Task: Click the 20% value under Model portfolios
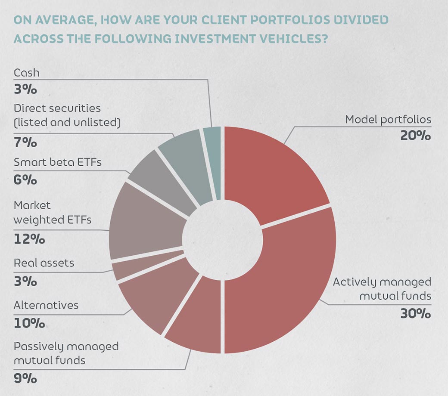pos(415,136)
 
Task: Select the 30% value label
pos(415,313)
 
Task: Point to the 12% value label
pos(29,239)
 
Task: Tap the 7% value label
pos(25,142)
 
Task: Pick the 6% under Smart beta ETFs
pos(25,180)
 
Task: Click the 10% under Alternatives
pos(29,323)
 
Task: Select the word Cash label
pos(26,73)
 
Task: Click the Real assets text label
pos(44,263)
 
